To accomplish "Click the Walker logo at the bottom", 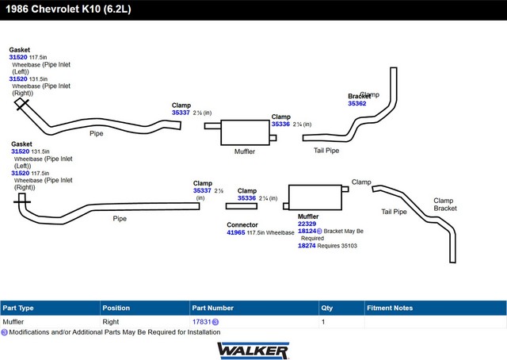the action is tap(253, 350).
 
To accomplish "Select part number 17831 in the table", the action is tap(201, 322).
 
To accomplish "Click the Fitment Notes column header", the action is tap(390, 308).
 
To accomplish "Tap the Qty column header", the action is tap(327, 308).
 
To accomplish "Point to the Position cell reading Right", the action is tap(111, 322).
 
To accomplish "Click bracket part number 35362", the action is tap(357, 104).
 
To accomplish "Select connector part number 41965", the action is tap(236, 232).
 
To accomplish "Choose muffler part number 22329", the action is tap(307, 224).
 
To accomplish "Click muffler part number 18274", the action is tap(307, 246).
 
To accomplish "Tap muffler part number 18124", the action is tap(307, 231).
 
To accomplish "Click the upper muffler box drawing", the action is tap(245, 132).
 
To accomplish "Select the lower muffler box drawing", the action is tap(315, 197).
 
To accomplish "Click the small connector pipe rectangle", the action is tap(242, 206).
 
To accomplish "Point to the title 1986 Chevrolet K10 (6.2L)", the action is tap(68, 9).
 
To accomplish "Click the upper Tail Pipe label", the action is tap(326, 151).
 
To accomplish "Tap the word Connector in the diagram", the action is tap(242, 224).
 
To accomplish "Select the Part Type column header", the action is tap(18, 308).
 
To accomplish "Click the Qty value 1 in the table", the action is tap(323, 322).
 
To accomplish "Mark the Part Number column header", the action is tap(212, 308).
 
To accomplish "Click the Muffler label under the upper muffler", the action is tap(245, 151).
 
